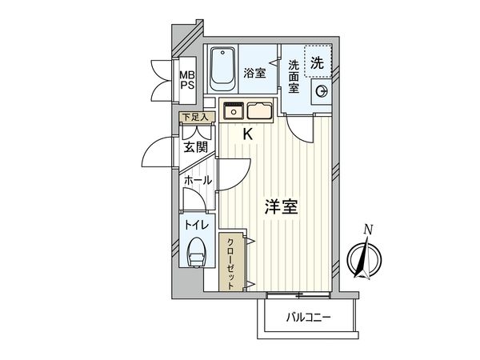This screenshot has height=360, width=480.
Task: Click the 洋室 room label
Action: pos(282,207)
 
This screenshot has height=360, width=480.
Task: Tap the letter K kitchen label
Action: pos(248,134)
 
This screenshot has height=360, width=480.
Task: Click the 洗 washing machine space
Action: pos(317,61)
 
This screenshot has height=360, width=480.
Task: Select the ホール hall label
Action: pos(198,181)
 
